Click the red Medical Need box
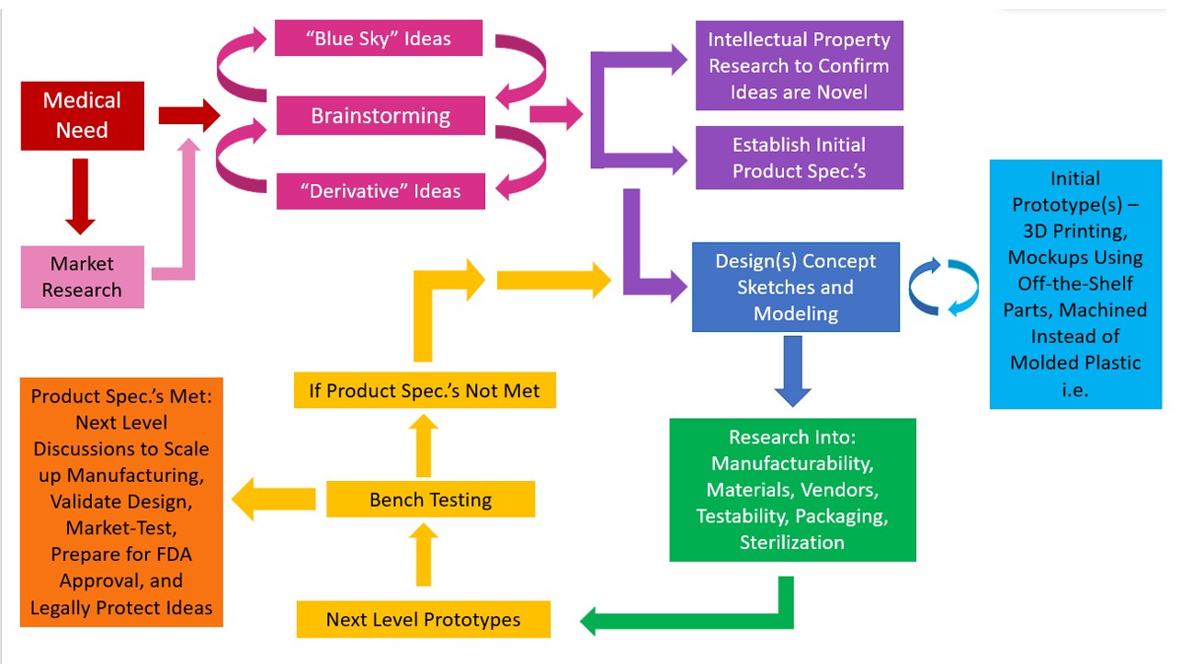(83, 116)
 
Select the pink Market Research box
(82, 277)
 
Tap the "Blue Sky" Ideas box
(380, 38)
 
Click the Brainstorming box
(380, 116)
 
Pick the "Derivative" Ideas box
(380, 191)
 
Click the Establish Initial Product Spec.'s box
(799, 158)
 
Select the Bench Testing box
(430, 500)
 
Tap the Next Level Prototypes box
(423, 619)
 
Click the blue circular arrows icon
(944, 288)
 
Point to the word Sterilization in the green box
(791, 542)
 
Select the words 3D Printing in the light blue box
(1073, 230)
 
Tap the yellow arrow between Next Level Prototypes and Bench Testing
(423, 555)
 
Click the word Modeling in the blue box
(795, 314)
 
